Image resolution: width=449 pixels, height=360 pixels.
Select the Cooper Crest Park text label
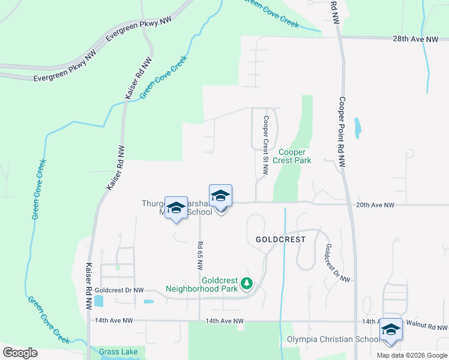point(292,157)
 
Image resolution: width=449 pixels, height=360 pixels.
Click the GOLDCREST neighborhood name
point(280,239)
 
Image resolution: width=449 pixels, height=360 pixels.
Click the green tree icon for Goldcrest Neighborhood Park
point(246,283)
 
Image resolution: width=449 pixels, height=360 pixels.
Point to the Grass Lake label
point(118,352)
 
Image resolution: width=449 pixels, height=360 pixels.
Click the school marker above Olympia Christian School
point(391,329)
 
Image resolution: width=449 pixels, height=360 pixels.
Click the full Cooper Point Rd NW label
point(342,132)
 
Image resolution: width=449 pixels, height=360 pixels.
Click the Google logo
point(20,353)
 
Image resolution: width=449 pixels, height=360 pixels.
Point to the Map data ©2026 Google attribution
point(412,355)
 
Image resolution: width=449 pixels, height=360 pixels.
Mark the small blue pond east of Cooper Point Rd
point(358,127)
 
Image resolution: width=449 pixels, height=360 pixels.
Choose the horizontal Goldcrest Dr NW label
point(119,290)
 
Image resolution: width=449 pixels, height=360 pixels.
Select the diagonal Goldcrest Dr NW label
point(337,263)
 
